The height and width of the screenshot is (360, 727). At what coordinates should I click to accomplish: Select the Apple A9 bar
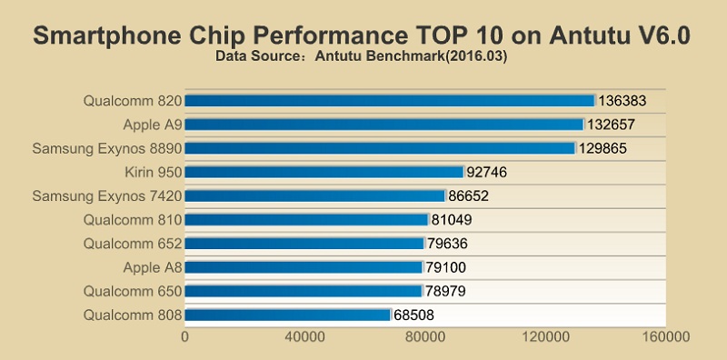383,124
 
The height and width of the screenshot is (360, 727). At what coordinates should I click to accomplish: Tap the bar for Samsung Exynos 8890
380,147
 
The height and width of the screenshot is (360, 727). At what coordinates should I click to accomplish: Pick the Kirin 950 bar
324,171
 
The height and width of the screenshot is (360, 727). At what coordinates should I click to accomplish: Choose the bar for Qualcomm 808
287,315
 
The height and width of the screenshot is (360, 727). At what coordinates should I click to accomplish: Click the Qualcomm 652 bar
304,244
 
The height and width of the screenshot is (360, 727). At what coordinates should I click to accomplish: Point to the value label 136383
625,100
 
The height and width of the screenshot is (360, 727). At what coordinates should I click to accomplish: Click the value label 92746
490,171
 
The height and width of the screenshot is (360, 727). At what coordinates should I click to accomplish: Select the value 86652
472,195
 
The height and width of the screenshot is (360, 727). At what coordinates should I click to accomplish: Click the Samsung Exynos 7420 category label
107,195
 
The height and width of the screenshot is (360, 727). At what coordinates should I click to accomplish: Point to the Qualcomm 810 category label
133,219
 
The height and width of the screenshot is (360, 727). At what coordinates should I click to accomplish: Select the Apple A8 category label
153,267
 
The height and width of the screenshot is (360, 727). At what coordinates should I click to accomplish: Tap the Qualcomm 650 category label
133,291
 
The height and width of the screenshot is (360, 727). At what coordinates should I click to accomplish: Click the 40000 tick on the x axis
305,337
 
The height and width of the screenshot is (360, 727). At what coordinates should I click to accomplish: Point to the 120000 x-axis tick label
545,337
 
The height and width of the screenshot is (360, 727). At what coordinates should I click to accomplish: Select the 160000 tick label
665,337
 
